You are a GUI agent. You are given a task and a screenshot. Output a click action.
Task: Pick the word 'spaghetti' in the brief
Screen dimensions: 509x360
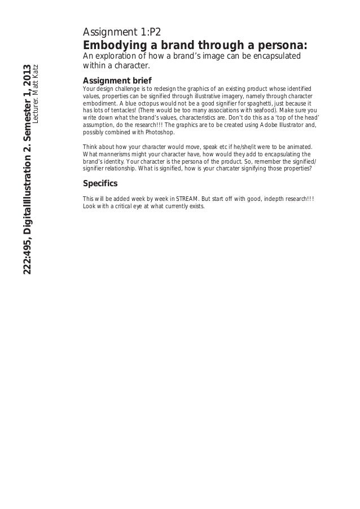[265, 104]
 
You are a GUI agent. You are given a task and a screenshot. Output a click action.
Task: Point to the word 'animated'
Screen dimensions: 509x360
[296, 147]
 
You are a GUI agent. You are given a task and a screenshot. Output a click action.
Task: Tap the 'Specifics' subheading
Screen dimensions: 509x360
[100, 184]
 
